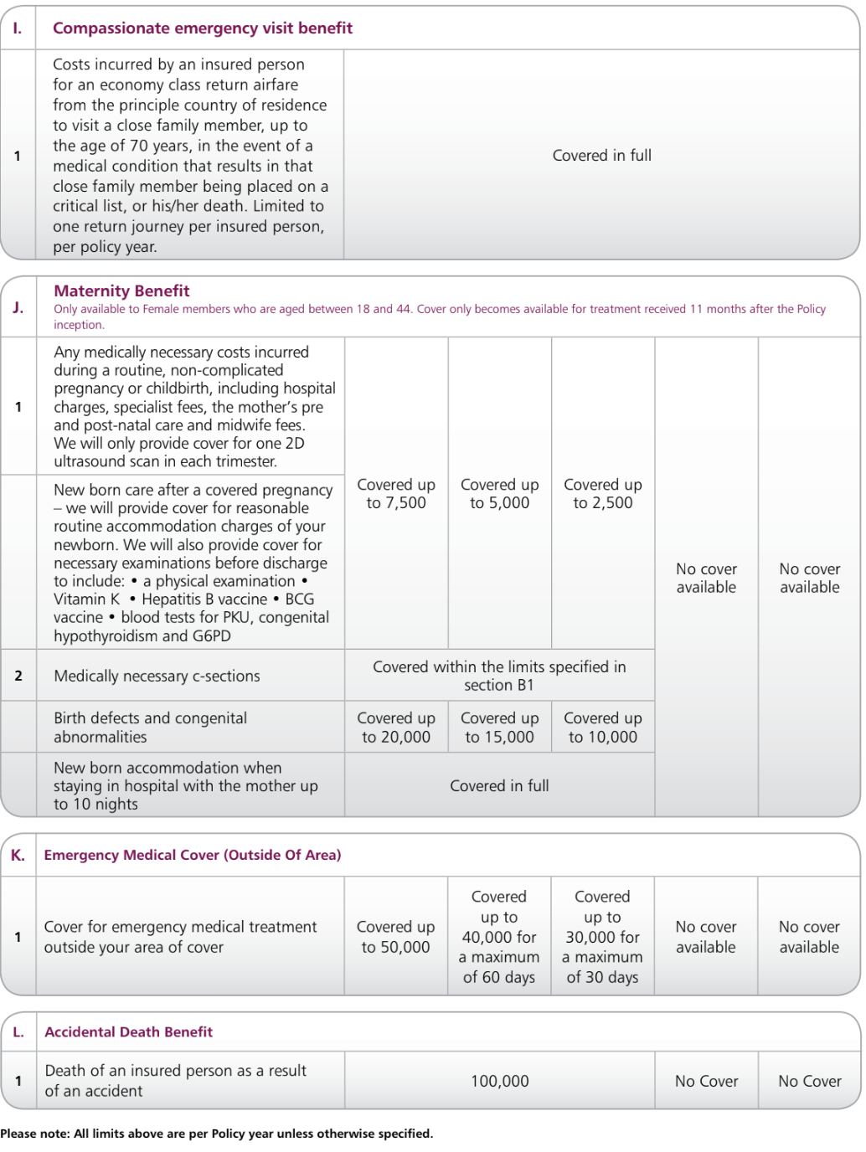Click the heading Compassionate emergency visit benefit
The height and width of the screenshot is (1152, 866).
[x=202, y=28]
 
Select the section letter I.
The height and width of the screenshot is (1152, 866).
[x=18, y=28]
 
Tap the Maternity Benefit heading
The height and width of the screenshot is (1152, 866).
[x=121, y=291]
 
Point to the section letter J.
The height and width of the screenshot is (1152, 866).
[x=18, y=307]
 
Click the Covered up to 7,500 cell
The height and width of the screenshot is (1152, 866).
[x=396, y=494]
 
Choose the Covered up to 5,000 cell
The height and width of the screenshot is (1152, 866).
[x=499, y=494]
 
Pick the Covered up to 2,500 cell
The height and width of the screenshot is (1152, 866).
[x=602, y=494]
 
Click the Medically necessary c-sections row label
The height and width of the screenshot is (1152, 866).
[x=157, y=676]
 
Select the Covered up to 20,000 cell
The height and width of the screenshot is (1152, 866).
[x=396, y=728]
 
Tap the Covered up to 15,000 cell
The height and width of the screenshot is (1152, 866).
[x=499, y=728]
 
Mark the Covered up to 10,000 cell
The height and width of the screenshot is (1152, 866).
[x=602, y=728]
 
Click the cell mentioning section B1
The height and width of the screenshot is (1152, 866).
[x=499, y=676]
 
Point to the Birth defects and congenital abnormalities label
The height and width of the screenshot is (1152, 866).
[x=150, y=728]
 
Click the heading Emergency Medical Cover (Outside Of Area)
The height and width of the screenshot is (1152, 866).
[x=193, y=856]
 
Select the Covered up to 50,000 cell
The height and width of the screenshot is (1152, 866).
[x=395, y=937]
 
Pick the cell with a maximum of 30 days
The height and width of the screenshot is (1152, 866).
[x=602, y=937]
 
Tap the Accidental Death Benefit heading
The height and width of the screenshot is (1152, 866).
[x=128, y=1032]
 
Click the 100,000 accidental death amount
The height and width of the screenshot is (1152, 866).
[x=499, y=1082]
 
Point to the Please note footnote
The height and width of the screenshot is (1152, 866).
[x=216, y=1134]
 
